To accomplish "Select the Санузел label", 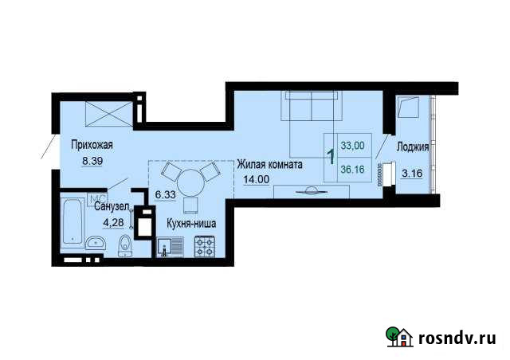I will click(x=111, y=208).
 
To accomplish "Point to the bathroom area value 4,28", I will click(x=105, y=221).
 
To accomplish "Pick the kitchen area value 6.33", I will click(x=165, y=194).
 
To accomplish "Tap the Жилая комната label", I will click(x=269, y=165).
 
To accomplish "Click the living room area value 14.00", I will click(x=257, y=180).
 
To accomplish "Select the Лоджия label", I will click(x=413, y=147).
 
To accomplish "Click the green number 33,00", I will click(x=351, y=146).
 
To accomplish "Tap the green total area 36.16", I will click(x=351, y=169).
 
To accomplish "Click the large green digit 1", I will click(x=330, y=156).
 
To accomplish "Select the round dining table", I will click(x=190, y=182).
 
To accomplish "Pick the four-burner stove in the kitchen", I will click(x=205, y=248).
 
